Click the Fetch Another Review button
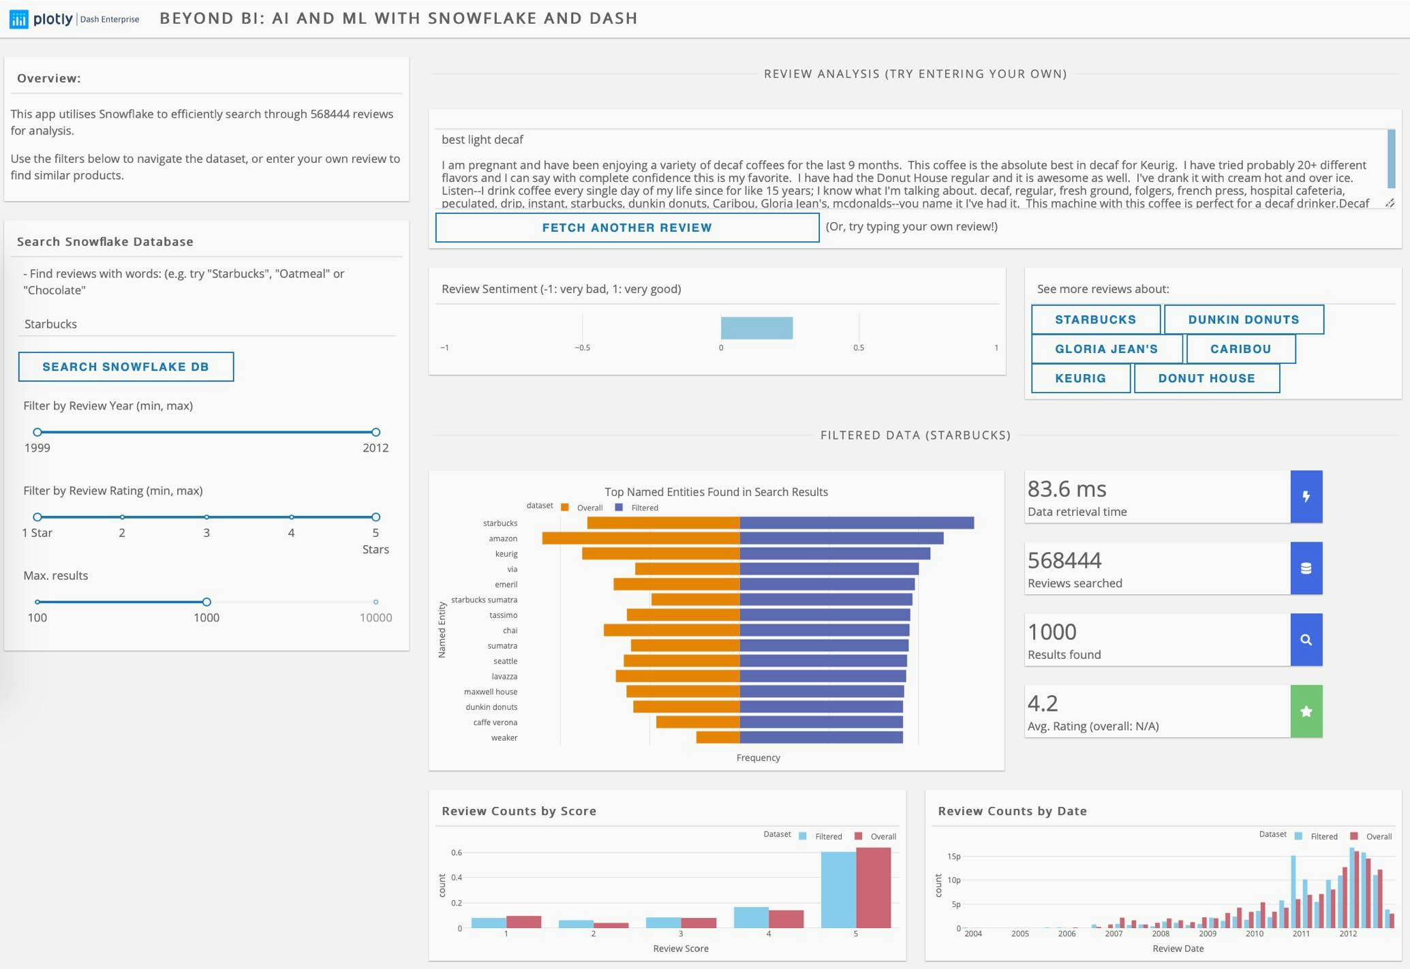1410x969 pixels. pos(626,228)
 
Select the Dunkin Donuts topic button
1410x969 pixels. pos(1243,320)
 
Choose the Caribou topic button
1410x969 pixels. pos(1240,349)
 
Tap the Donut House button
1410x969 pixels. pos(1206,378)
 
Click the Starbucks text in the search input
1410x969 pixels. pos(51,324)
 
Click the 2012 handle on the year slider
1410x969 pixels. pos(376,432)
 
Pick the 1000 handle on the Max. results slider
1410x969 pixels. pos(206,602)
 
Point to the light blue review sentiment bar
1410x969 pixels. pos(756,328)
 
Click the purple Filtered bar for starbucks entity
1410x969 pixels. pos(856,523)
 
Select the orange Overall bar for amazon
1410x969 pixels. pos(641,538)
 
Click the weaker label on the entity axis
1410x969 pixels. pos(504,738)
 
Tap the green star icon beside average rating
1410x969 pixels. pos(1306,711)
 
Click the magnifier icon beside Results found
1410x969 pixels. pos(1306,640)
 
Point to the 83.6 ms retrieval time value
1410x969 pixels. pos(1067,489)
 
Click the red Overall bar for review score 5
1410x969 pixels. pos(873,887)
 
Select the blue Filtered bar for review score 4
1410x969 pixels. pos(751,917)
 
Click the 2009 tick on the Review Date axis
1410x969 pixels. pos(1207,934)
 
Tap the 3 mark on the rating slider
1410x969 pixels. pos(206,517)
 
